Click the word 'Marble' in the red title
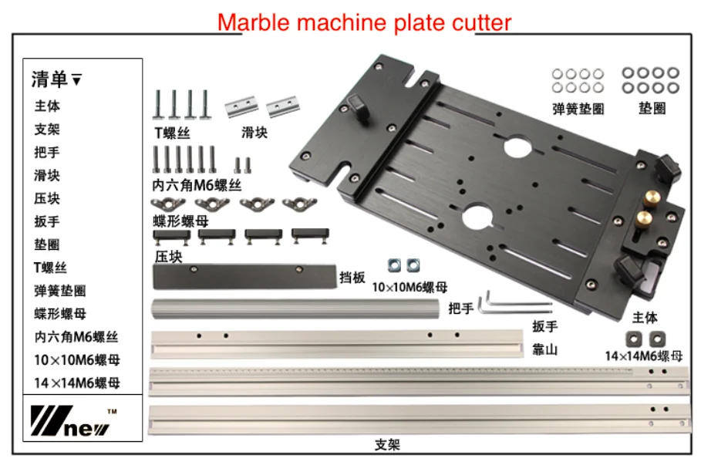click(x=254, y=22)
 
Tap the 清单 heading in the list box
click(x=49, y=79)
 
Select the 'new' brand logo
click(x=71, y=420)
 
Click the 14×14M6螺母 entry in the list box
click(x=77, y=383)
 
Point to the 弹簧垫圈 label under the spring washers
click(x=578, y=109)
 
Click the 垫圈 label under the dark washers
click(x=652, y=108)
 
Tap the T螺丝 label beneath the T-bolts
click(x=173, y=133)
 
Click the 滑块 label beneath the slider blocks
click(x=254, y=133)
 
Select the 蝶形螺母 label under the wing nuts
click(x=180, y=221)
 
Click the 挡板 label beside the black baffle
click(x=352, y=278)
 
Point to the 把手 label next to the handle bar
click(x=461, y=308)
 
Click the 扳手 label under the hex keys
click(x=545, y=326)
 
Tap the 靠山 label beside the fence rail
click(x=545, y=349)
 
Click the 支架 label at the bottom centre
click(x=388, y=445)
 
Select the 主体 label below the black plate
click(x=645, y=317)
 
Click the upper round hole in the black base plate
click(x=517, y=147)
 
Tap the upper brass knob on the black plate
click(x=652, y=198)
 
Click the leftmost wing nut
click(x=168, y=204)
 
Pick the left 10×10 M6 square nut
click(x=394, y=265)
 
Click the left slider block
click(x=241, y=106)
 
